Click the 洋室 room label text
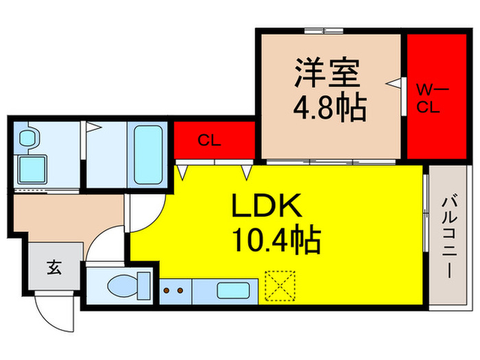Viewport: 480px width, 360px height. [x=328, y=74]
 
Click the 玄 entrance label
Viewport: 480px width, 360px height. [x=53, y=267]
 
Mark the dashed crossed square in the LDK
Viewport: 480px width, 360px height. [x=280, y=287]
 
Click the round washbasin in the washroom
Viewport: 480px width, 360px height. [x=27, y=138]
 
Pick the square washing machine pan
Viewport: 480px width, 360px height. [x=30, y=168]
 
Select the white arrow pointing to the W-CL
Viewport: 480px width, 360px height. [x=393, y=84]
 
